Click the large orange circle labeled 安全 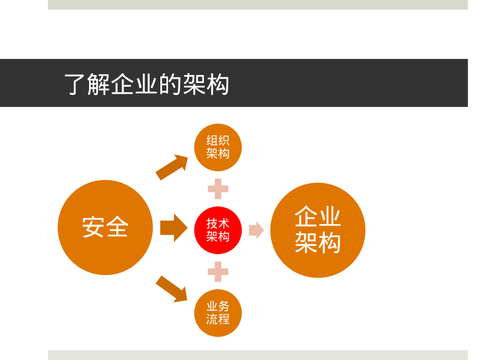[105, 228]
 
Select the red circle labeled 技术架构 [218, 230]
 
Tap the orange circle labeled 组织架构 [218, 147]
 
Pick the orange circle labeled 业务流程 [218, 313]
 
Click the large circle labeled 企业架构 [318, 230]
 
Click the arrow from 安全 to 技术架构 [173, 228]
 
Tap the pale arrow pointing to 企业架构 [256, 230]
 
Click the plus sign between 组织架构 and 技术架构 [218, 189]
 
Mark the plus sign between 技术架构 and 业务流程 [218, 271]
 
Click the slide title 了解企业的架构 [147, 84]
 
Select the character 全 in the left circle [117, 228]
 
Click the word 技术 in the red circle [218, 224]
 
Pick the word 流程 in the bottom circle [218, 320]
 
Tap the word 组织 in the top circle [218, 141]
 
